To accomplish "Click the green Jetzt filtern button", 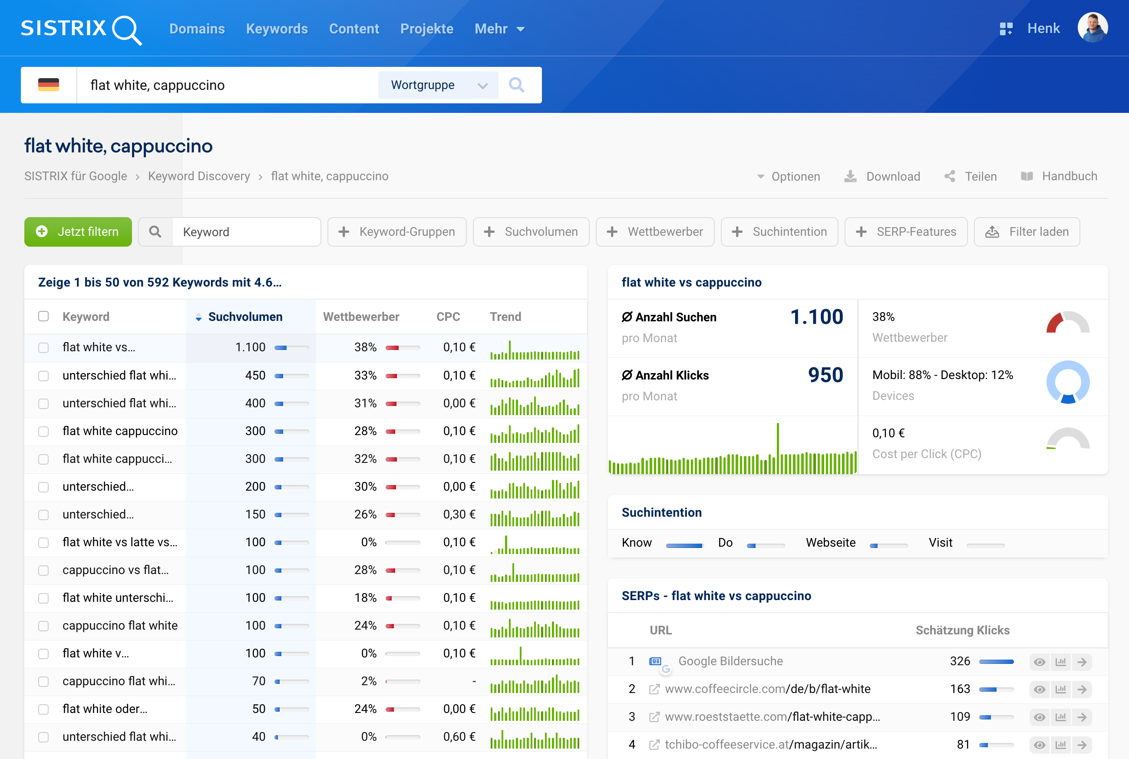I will click(x=78, y=232).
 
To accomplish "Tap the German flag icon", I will click(x=48, y=85).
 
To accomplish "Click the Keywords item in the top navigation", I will click(x=277, y=29).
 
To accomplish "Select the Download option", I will click(x=883, y=176).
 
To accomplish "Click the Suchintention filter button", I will click(x=779, y=232).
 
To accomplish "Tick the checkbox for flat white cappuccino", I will click(x=43, y=431).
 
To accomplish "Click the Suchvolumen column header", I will click(x=245, y=317).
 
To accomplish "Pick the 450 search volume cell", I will click(x=255, y=376).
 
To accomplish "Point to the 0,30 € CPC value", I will click(x=459, y=515).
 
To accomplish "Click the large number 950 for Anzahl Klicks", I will click(x=825, y=375).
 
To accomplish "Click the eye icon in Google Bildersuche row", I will click(x=1039, y=662).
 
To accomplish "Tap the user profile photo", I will click(x=1092, y=28).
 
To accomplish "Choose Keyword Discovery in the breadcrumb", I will click(x=199, y=176).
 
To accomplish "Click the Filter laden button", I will click(x=1027, y=232).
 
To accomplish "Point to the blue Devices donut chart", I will click(x=1067, y=382).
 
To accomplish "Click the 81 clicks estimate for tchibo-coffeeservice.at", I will click(x=963, y=745).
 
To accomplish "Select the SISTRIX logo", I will click(x=81, y=29).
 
